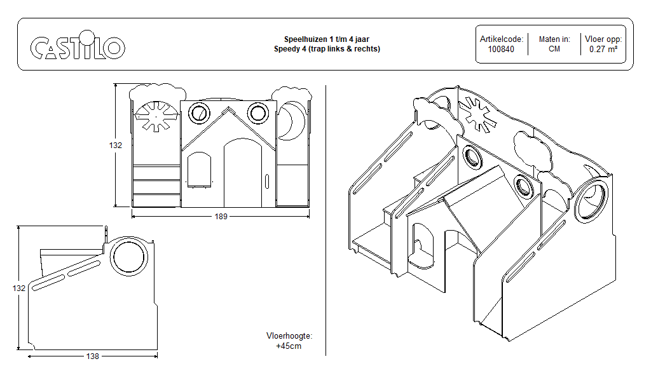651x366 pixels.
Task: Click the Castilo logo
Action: pos(78,47)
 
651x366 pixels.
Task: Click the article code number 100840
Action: pos(501,49)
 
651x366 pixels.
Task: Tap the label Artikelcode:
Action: pos(501,39)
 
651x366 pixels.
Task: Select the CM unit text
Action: pos(554,49)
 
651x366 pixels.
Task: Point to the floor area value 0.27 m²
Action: pos(603,49)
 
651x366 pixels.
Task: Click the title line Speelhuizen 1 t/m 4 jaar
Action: pos(327,39)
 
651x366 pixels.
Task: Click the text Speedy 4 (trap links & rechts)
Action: pos(327,49)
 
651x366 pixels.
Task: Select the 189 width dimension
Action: pos(221,217)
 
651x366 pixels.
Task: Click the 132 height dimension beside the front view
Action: pos(114,145)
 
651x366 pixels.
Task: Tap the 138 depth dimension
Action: pos(93,356)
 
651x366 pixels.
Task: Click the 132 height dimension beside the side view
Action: pos(19,288)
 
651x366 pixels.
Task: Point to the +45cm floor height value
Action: pos(289,346)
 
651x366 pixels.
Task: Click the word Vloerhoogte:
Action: pos(289,336)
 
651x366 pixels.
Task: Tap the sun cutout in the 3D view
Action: pos(481,116)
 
